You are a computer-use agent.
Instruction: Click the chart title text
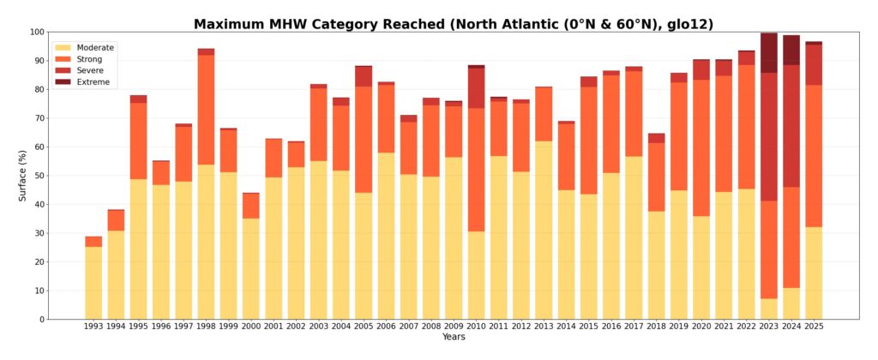(x=453, y=24)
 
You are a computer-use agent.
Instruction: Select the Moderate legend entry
(x=95, y=48)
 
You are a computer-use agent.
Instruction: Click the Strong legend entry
(x=89, y=59)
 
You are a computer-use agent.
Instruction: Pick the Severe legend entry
(x=89, y=70)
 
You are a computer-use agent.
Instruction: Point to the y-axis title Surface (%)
(x=23, y=176)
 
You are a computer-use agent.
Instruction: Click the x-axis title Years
(x=454, y=337)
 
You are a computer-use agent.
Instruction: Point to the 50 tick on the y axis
(x=39, y=176)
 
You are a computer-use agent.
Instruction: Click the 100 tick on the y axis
(x=36, y=33)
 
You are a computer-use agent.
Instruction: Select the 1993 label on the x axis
(x=93, y=327)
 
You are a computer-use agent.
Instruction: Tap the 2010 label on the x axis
(x=476, y=327)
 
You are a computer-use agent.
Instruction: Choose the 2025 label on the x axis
(x=813, y=327)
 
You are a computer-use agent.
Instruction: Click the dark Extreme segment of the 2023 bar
(x=768, y=53)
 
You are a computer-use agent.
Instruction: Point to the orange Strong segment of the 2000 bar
(x=250, y=206)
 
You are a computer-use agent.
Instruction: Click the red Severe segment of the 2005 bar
(x=364, y=76)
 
